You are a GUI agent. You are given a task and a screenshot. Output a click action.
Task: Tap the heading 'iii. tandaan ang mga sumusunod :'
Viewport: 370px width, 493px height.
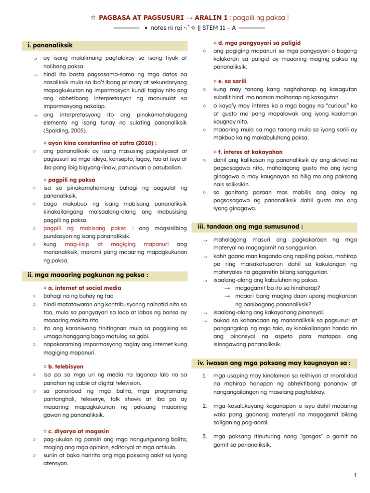coord(251,226)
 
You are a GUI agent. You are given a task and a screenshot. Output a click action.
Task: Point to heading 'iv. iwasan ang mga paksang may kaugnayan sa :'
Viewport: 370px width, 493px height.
coord(274,363)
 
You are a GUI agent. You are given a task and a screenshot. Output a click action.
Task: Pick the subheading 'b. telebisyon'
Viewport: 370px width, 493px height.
coord(66,366)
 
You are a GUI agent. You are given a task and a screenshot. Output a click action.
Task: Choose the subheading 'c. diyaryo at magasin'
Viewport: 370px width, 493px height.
coord(79,431)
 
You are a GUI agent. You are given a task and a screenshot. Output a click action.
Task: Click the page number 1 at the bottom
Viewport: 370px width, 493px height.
coord(354,476)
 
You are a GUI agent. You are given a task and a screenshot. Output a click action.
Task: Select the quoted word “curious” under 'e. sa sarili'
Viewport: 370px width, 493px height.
coord(337,105)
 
